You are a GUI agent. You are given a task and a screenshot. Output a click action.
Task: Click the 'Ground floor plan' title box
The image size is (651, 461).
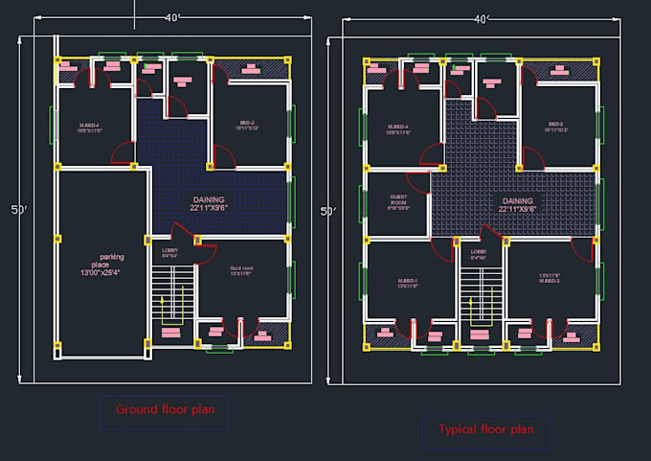tap(165, 411)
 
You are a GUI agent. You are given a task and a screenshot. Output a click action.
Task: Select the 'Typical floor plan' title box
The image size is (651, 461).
tap(485, 430)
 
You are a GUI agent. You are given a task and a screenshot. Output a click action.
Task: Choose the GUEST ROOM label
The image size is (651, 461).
tap(398, 203)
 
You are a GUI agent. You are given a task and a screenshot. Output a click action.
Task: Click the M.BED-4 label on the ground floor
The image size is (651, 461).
tap(90, 127)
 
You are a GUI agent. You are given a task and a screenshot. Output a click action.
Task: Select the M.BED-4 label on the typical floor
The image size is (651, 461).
tap(398, 129)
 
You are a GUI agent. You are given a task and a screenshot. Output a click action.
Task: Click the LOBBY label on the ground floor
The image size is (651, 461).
tap(169, 255)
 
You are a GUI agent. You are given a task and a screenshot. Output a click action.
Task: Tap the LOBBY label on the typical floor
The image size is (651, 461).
tap(479, 256)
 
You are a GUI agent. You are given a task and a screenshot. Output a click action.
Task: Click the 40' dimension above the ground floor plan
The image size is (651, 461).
tap(173, 18)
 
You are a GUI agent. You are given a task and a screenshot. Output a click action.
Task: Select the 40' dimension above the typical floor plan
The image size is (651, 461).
tap(482, 18)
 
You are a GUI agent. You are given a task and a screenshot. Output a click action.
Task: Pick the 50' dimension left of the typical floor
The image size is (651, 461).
tap(327, 210)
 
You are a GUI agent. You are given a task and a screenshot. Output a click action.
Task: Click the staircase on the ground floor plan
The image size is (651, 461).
tap(172, 298)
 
